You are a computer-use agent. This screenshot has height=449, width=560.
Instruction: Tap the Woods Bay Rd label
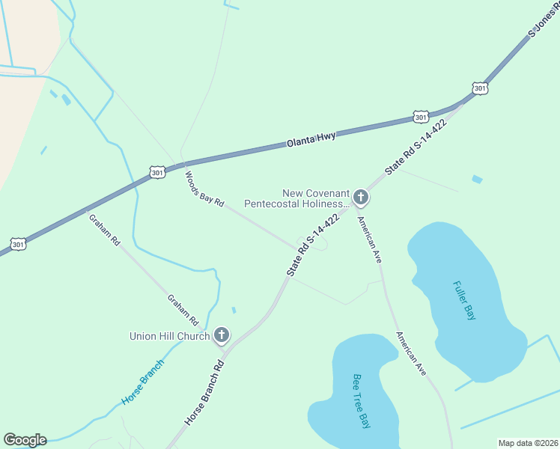point(205,189)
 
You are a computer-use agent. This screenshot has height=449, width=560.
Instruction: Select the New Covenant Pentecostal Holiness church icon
point(361,198)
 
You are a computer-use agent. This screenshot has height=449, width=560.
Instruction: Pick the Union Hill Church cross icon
point(221,335)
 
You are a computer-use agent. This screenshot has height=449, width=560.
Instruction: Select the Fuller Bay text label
point(464,300)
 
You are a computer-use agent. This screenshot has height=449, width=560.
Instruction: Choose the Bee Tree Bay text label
point(362,400)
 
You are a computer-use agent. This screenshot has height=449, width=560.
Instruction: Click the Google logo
point(25,440)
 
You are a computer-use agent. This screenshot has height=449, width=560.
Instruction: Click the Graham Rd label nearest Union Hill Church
point(183,310)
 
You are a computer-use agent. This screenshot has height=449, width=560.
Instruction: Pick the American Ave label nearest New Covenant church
point(370,239)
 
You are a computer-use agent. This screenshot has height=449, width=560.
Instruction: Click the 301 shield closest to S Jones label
point(480,88)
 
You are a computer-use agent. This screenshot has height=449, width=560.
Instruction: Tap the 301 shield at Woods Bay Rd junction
point(156,172)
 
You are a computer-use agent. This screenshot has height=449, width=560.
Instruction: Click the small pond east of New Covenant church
point(477,180)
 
